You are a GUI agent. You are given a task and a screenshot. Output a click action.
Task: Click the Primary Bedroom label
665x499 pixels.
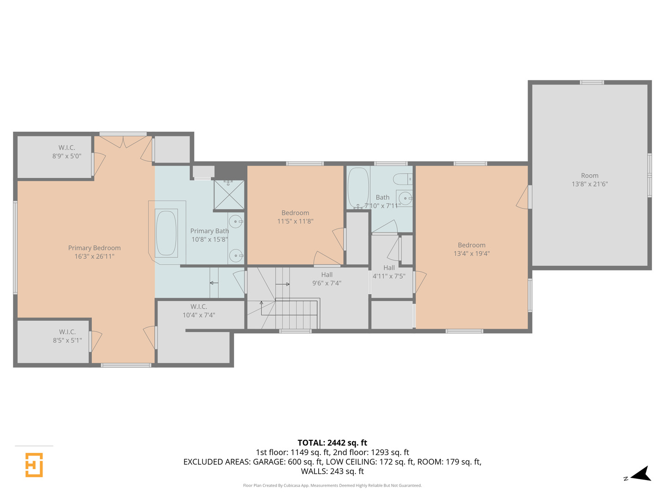click(94, 248)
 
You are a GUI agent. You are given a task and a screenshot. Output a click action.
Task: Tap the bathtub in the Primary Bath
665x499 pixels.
click(166, 233)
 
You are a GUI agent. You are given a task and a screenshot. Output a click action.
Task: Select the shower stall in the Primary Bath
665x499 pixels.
click(229, 195)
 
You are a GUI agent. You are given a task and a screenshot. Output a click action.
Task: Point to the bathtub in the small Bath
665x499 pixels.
click(358, 188)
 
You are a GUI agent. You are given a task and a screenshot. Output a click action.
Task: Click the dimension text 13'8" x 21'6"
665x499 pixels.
click(589, 184)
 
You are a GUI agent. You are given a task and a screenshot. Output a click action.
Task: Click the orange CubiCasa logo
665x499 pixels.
click(34, 465)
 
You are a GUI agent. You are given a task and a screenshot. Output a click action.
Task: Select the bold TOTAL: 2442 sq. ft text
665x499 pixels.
click(332, 443)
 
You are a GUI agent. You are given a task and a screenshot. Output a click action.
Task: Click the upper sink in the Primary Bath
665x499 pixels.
click(236, 221)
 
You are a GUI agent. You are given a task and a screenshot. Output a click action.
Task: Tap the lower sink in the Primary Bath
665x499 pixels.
click(236, 255)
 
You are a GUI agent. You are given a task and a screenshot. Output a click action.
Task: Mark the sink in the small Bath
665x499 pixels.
click(405, 199)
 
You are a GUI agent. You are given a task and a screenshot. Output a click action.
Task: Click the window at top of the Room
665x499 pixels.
click(592, 82)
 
